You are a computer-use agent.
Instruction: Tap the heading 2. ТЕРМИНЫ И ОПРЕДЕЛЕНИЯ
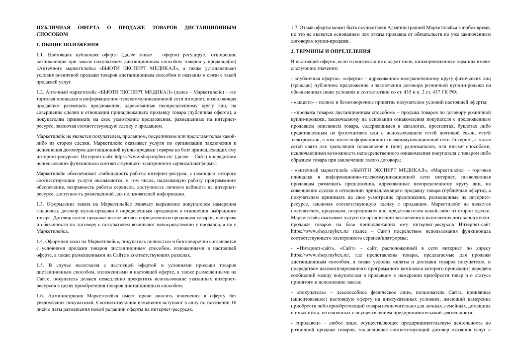pyautogui.click(x=331, y=51)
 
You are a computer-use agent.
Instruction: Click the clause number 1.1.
pyautogui.click(x=41, y=54)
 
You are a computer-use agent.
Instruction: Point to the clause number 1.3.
pyautogui.click(x=41, y=204)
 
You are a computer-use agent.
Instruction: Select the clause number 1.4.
pyautogui.click(x=41, y=242)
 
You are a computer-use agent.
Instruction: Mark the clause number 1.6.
pyautogui.click(x=41, y=295)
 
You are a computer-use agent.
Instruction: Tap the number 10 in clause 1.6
pyautogui.click(x=234, y=302)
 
